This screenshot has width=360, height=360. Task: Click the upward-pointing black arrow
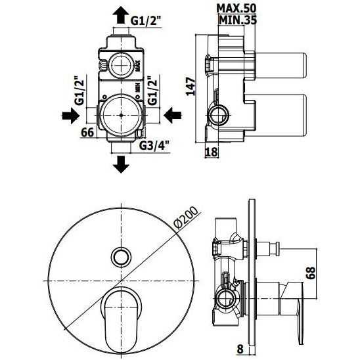(121, 15)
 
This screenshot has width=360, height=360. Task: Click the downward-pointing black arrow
(121, 164)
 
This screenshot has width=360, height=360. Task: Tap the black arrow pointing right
(70, 116)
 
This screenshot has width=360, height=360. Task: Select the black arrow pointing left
(173, 116)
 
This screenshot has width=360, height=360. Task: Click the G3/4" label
(154, 145)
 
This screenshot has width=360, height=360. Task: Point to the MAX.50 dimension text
(236, 9)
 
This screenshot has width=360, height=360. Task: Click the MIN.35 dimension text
(238, 20)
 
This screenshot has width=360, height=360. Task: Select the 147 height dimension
(191, 86)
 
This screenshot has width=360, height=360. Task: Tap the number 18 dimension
(211, 152)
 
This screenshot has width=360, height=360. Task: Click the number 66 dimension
(88, 133)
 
